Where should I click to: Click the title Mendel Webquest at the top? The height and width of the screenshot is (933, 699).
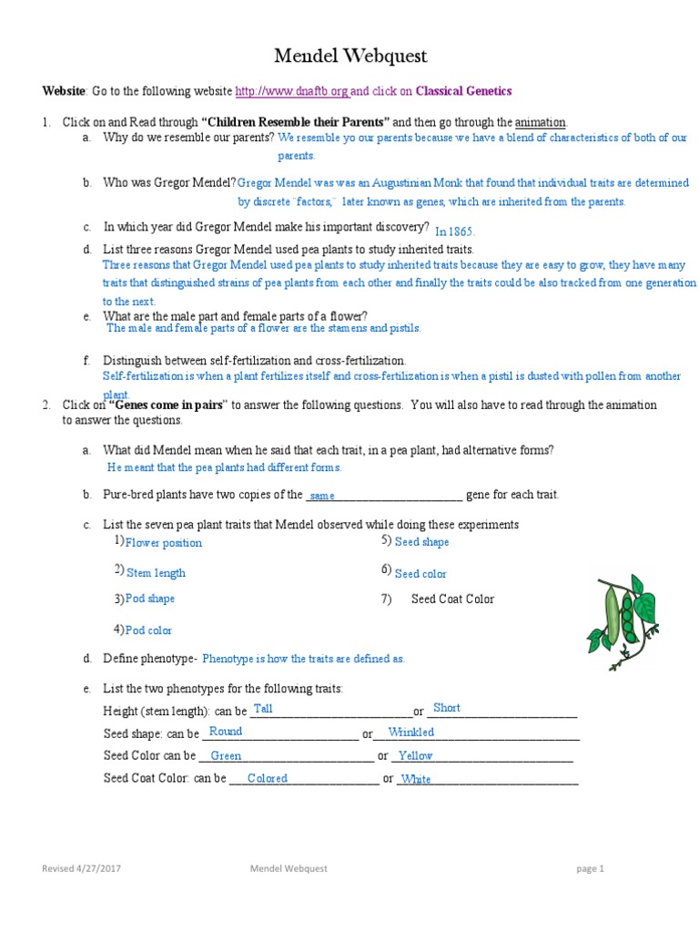[x=350, y=56]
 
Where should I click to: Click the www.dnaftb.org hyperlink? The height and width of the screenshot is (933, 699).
[x=291, y=91]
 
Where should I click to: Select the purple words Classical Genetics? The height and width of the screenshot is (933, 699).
[x=463, y=91]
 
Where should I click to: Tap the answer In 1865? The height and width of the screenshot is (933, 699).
[x=455, y=231]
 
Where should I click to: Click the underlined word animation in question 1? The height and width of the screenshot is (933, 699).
[x=541, y=122]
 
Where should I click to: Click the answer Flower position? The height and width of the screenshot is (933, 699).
[x=164, y=543]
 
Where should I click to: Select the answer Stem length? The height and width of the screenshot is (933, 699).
[x=156, y=573]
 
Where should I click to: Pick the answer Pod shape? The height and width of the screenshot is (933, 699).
[x=150, y=599]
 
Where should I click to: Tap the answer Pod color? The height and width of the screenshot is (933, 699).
[x=148, y=631]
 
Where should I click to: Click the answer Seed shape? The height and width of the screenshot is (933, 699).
[x=421, y=542]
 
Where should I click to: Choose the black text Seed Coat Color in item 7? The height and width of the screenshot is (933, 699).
[x=452, y=599]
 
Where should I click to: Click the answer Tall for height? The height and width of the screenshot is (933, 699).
[x=263, y=709]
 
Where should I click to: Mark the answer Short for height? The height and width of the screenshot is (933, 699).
[x=446, y=708]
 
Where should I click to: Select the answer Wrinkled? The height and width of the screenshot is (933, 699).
[x=410, y=733]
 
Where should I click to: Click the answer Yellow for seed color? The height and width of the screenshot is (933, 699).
[x=415, y=756]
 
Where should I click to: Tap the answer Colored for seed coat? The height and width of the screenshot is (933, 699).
[x=267, y=779]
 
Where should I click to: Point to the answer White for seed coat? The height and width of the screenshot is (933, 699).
[x=416, y=780]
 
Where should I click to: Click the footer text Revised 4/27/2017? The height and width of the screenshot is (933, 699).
[x=81, y=869]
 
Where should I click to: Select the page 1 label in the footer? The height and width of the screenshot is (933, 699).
[x=591, y=869]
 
